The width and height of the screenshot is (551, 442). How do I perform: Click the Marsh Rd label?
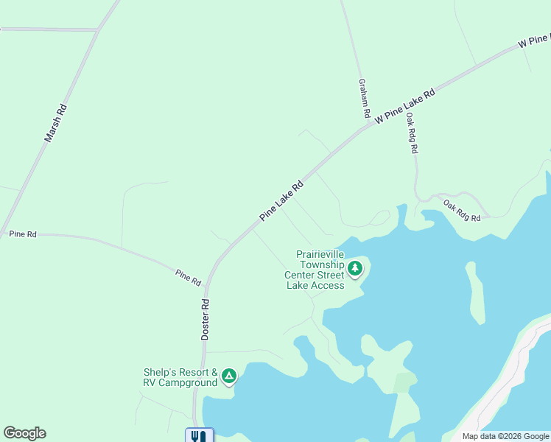click(x=55, y=122)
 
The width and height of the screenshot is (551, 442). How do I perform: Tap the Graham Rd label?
click(x=363, y=99)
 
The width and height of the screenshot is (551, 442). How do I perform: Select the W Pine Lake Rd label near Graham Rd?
click(x=405, y=106)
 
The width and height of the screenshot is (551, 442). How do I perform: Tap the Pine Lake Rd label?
click(x=281, y=201)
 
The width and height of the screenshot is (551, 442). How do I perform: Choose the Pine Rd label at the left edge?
click(x=23, y=234)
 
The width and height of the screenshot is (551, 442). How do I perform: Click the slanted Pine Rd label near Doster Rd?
click(x=188, y=277)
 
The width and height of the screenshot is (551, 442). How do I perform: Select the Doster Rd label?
click(x=206, y=319)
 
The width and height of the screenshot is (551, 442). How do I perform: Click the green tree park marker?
click(x=356, y=267)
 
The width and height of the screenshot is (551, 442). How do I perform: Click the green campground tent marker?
click(x=229, y=377)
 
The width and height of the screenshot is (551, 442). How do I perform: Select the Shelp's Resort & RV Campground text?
click(x=180, y=377)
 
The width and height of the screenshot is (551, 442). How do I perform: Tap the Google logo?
click(x=24, y=433)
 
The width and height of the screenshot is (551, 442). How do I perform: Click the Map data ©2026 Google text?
click(x=505, y=436)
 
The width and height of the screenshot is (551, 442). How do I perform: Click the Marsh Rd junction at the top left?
click(x=98, y=30)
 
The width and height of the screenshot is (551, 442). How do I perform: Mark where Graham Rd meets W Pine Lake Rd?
click(x=368, y=126)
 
